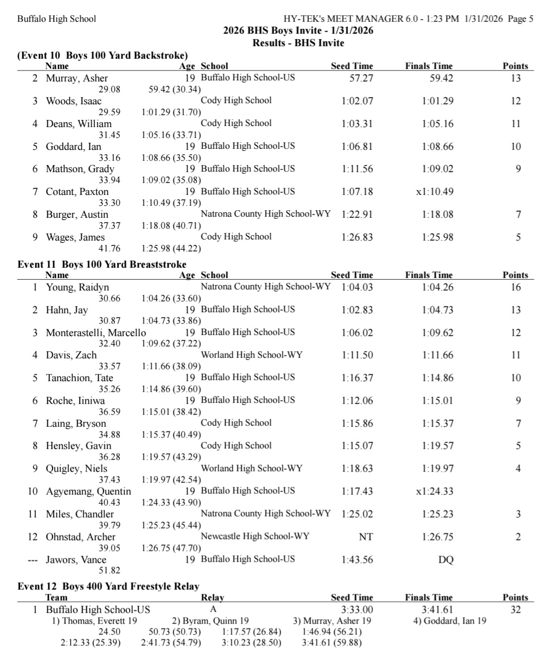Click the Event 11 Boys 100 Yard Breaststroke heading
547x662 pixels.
[102, 264]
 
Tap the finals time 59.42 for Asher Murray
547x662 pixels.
[441, 78]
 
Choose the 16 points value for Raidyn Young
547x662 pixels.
[516, 287]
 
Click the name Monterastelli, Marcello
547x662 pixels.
[96, 333]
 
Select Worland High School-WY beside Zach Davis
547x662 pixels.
[252, 355]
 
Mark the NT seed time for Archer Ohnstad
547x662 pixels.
[366, 537]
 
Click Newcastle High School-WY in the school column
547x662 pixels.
[255, 537]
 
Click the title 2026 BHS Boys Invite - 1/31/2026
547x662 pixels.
[298, 31]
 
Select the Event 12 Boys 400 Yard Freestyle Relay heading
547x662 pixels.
[108, 586]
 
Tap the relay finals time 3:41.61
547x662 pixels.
[437, 610]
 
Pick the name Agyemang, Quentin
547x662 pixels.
[88, 491]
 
